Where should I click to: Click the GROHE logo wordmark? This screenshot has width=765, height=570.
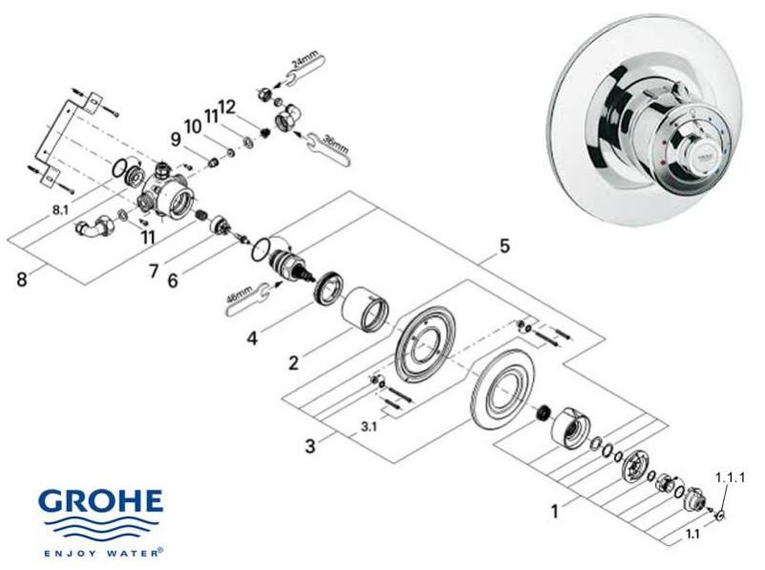click(x=100, y=505)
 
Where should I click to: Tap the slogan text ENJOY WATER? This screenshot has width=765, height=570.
click(x=100, y=552)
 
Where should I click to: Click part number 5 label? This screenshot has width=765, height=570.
click(x=503, y=246)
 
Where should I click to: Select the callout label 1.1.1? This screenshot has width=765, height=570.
click(x=729, y=475)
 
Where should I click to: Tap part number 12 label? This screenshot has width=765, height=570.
click(x=226, y=105)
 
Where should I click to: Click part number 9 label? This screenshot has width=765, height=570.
click(x=176, y=140)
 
